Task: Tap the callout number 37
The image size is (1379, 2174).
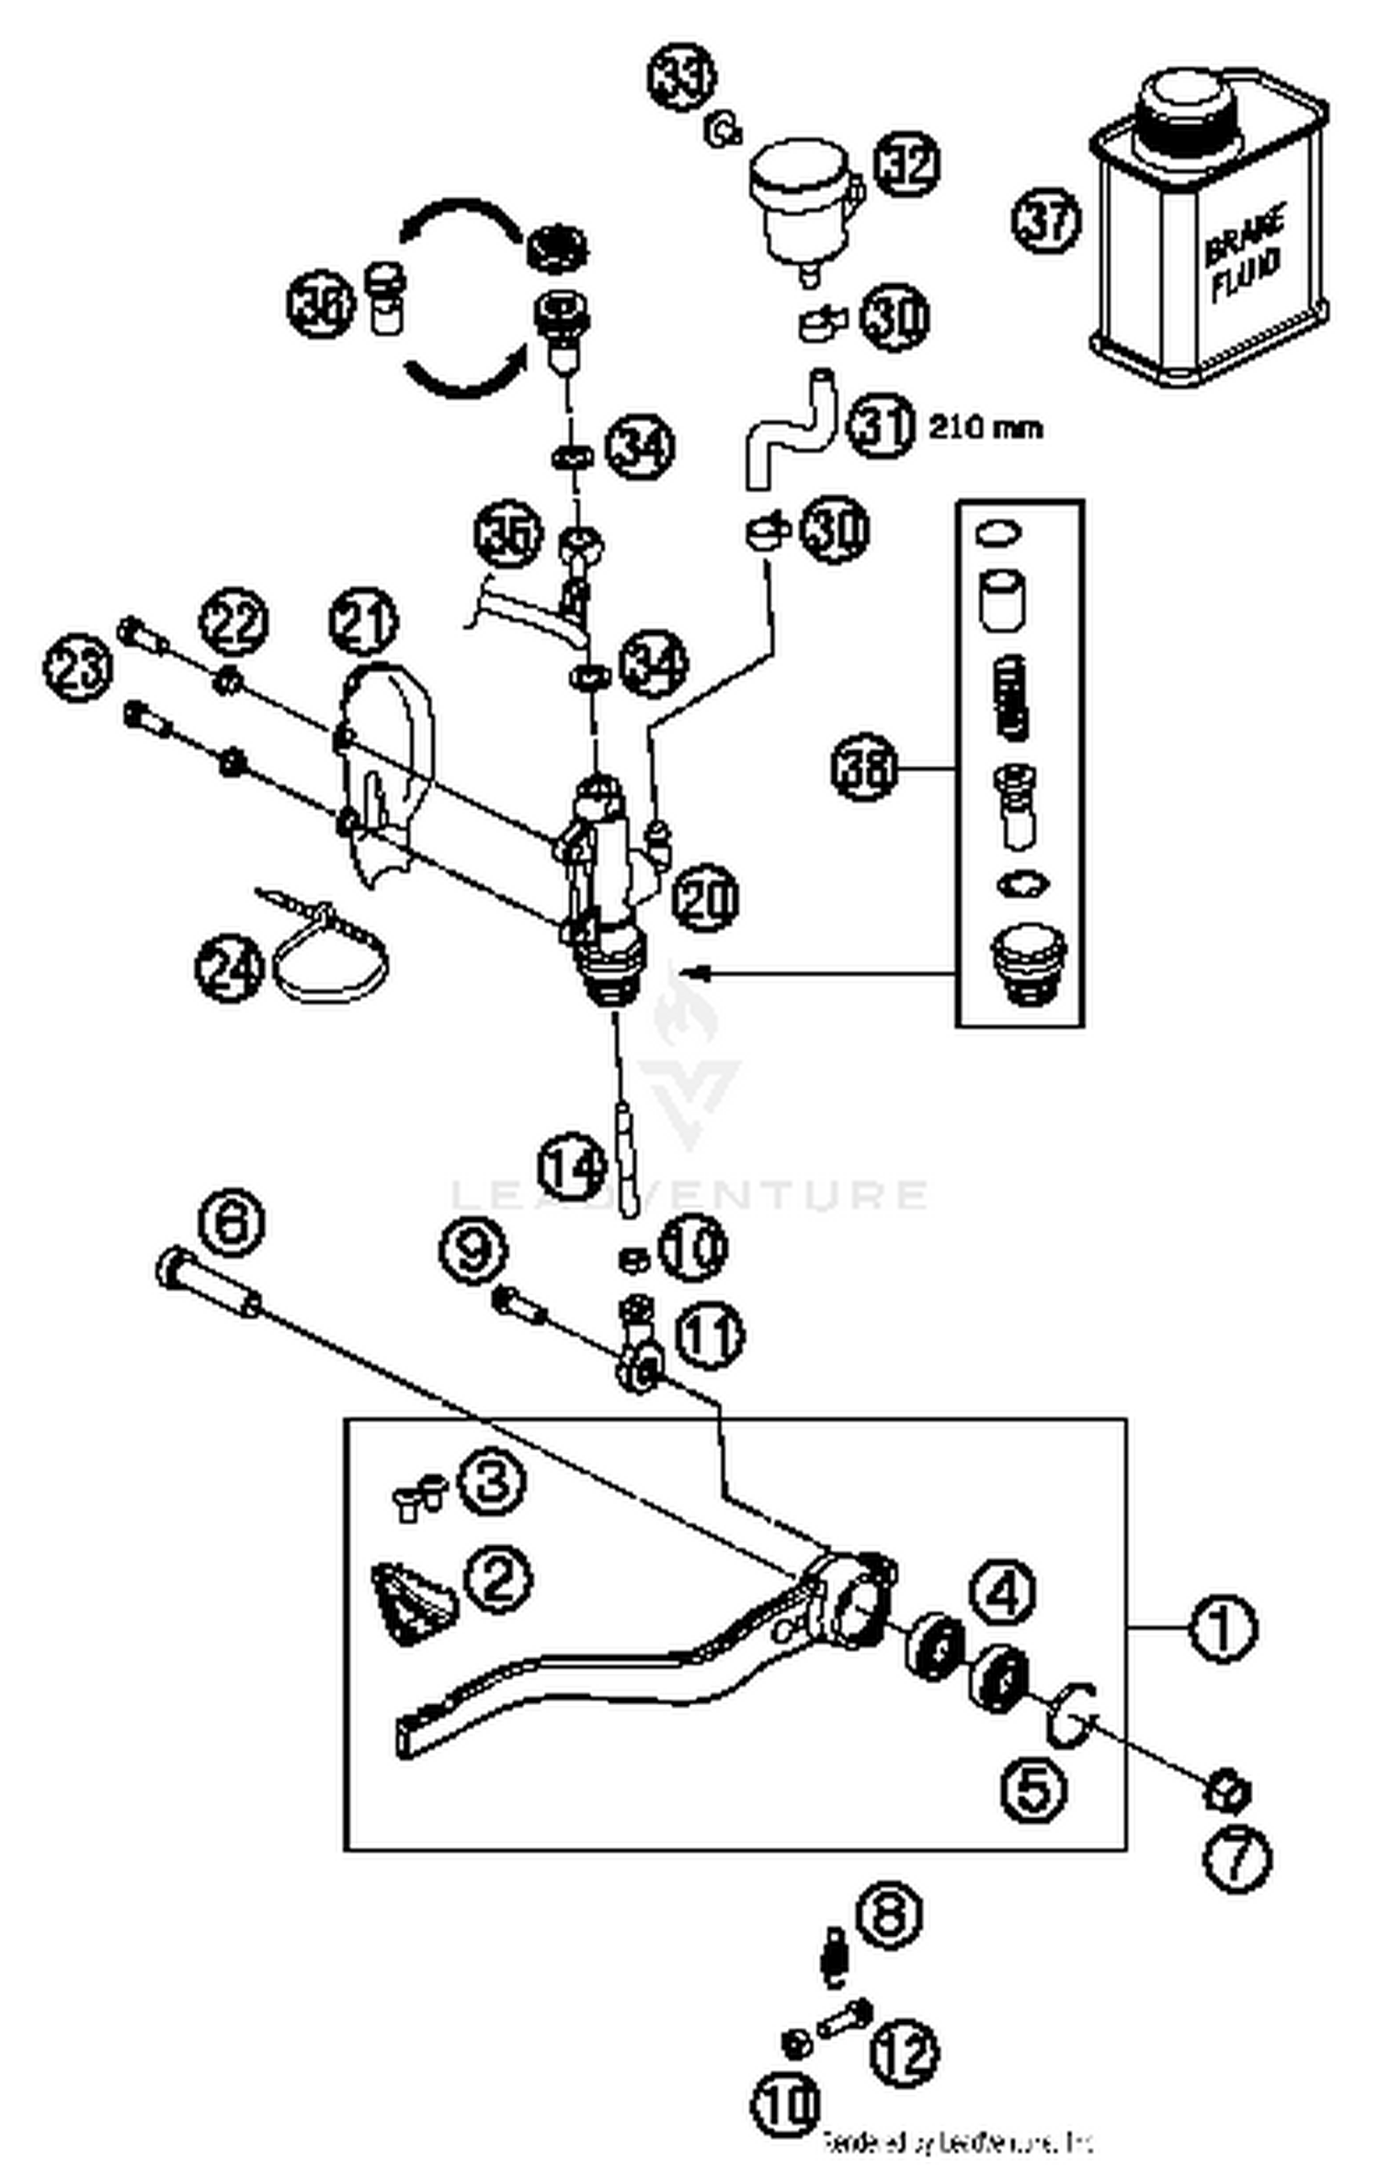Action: click(x=1046, y=221)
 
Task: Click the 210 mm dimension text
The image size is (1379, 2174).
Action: click(x=985, y=428)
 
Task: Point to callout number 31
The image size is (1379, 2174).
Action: click(x=881, y=427)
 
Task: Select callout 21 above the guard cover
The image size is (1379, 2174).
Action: click(x=363, y=621)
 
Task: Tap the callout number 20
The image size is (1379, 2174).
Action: click(x=705, y=897)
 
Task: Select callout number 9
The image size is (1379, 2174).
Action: click(x=473, y=1252)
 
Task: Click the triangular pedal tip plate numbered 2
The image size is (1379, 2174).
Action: click(x=411, y=1605)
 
